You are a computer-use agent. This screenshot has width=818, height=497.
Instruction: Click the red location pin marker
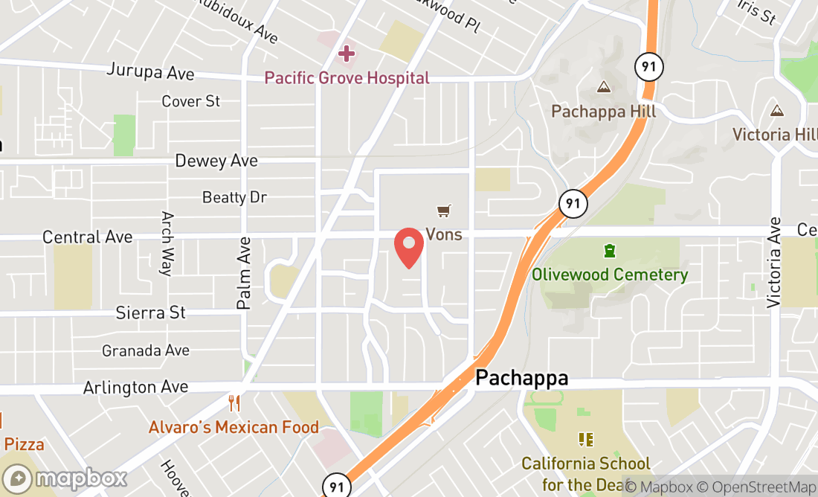[409, 248]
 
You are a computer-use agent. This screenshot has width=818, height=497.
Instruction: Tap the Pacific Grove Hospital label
[347, 77]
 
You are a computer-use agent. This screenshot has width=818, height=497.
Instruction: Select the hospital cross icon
[346, 54]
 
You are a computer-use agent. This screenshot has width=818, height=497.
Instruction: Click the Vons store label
[443, 234]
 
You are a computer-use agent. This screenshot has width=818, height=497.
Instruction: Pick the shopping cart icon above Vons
[444, 211]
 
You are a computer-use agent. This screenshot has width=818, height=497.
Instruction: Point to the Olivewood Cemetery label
[610, 275]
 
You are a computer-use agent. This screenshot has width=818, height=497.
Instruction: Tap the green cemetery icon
[610, 251]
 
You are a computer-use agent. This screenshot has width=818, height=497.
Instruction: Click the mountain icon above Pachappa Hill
[604, 87]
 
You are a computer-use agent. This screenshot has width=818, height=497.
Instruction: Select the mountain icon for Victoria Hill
[777, 111]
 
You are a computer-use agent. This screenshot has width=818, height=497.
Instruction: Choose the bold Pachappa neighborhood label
[521, 378]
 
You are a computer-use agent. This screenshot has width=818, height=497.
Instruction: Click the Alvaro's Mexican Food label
[234, 428]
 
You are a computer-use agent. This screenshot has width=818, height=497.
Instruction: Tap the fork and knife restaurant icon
[234, 404]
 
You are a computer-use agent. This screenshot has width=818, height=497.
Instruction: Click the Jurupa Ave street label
[150, 72]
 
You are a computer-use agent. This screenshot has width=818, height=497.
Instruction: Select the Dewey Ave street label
[216, 161]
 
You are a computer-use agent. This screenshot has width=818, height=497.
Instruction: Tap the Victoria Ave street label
[775, 262]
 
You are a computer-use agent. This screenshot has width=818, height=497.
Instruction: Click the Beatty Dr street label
[234, 197]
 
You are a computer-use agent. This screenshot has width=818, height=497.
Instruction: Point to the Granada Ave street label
[146, 350]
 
